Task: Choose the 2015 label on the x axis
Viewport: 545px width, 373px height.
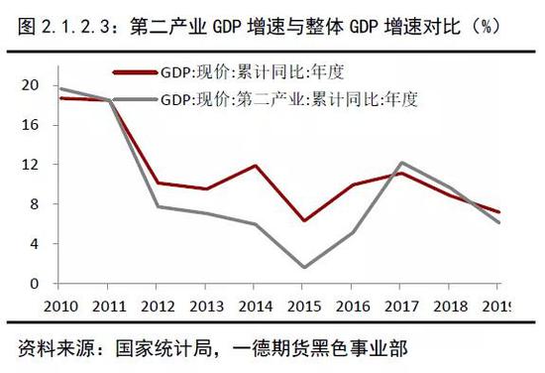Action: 303,306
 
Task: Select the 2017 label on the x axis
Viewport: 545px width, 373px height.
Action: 400,306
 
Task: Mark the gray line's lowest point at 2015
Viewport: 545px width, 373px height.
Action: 303,267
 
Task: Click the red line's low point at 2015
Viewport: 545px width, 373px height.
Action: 303,220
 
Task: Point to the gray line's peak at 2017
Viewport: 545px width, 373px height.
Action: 400,163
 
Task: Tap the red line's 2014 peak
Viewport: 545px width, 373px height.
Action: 256,166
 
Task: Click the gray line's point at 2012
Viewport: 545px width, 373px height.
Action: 160,206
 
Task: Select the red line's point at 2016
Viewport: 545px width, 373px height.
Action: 352,185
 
